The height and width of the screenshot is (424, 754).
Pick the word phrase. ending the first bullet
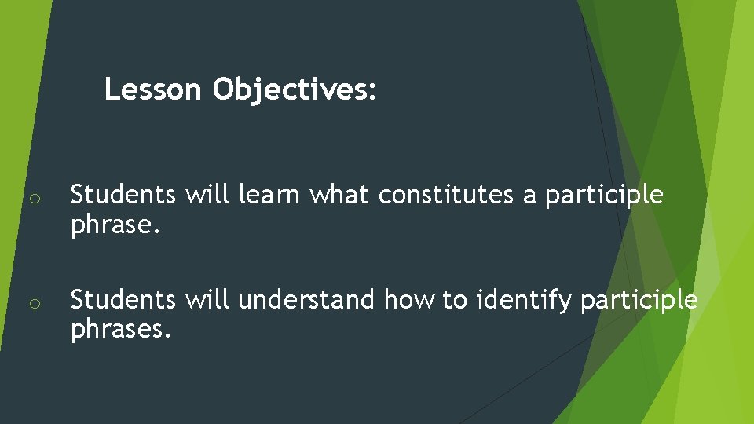pyautogui.click(x=115, y=226)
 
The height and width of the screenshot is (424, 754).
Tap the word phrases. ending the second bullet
pyautogui.click(x=121, y=331)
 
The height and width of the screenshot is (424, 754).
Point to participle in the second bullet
pyautogui.click(x=639, y=300)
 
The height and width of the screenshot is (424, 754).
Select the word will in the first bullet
pyautogui.click(x=208, y=195)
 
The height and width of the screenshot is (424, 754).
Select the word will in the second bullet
pyautogui.click(x=208, y=300)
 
